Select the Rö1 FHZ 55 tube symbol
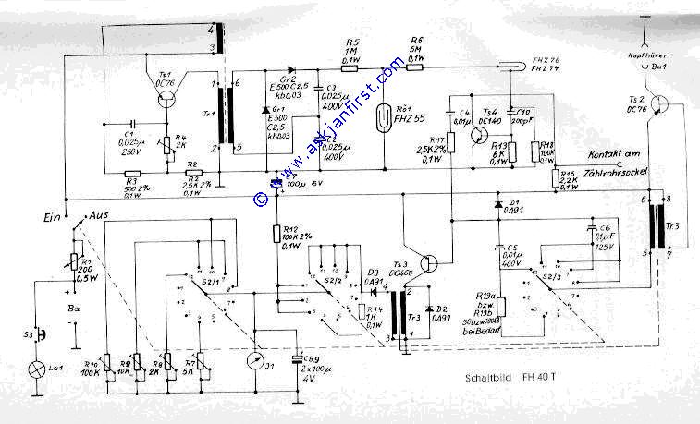(384, 116)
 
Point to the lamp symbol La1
(39, 369)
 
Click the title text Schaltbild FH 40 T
(509, 378)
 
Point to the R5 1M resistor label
(350, 52)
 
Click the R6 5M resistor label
(416, 52)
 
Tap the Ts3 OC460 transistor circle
(427, 262)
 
